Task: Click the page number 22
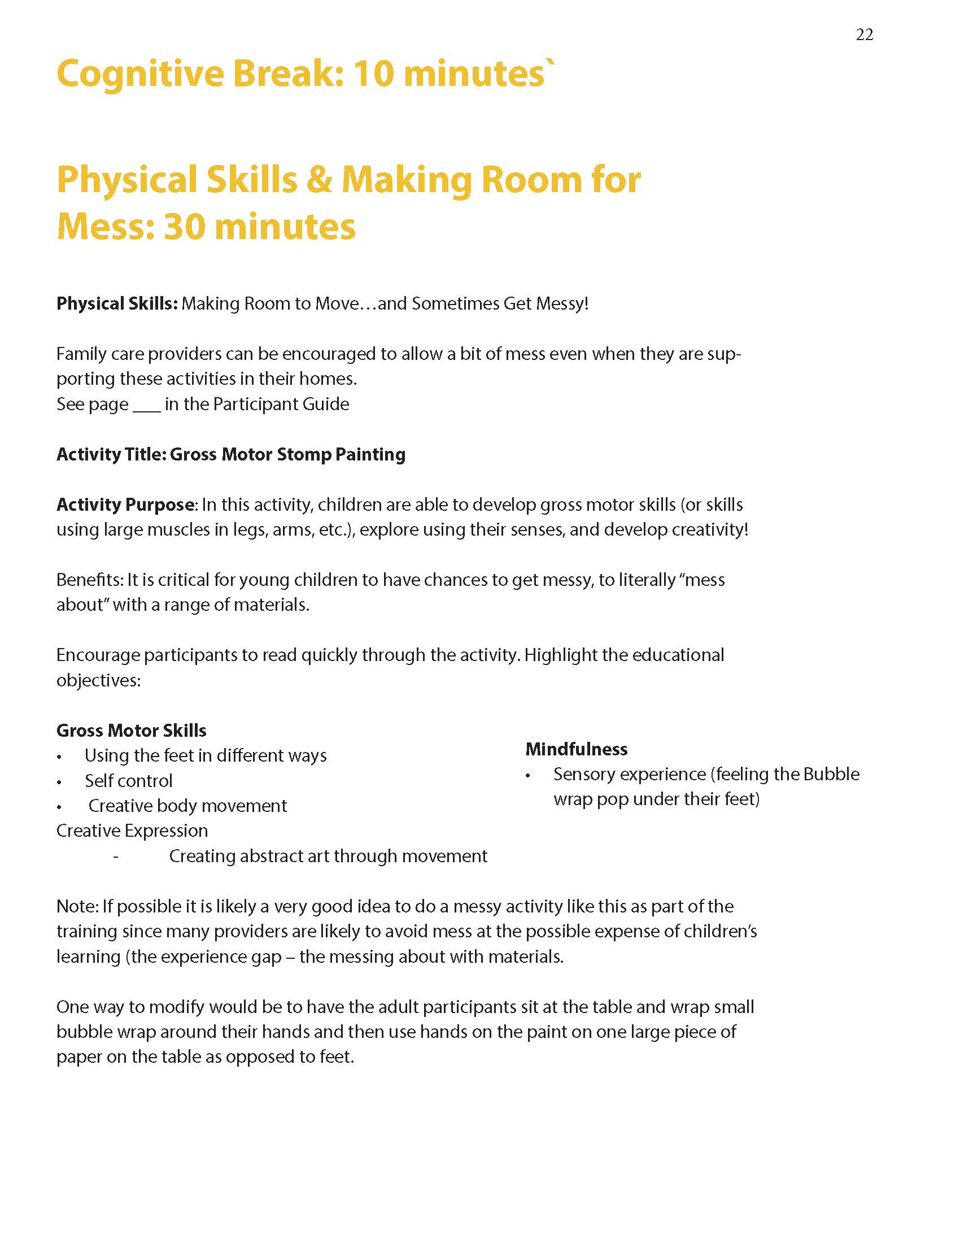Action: tap(864, 34)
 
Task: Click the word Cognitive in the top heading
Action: tap(140, 74)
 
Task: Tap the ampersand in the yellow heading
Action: tap(318, 180)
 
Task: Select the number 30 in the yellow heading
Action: tap(184, 227)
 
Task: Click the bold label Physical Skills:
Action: tap(117, 303)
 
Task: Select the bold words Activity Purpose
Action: tap(125, 505)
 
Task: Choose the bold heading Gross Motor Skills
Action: tap(132, 730)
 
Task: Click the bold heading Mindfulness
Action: tap(576, 749)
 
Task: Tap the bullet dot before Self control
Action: tap(59, 783)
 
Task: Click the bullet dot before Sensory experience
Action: tap(529, 776)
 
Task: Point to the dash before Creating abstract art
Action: tap(116, 856)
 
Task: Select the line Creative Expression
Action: tap(132, 831)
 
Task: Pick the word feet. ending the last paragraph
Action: tap(337, 1057)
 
